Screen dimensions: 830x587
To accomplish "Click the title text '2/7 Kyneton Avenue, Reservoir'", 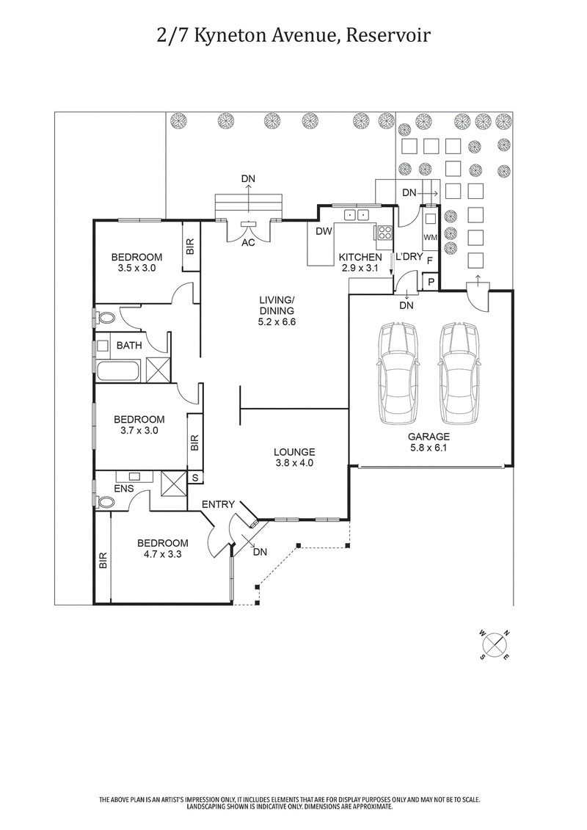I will (293, 35).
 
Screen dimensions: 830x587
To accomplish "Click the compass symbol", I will (497, 644).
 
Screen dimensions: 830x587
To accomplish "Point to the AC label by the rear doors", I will (248, 243).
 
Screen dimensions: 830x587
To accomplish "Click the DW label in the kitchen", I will (324, 231).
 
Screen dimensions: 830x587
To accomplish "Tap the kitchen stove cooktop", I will (384, 233).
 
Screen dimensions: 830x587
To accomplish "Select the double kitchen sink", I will (357, 214).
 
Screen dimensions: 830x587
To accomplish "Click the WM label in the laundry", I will (430, 237).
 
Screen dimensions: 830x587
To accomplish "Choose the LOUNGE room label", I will (294, 452).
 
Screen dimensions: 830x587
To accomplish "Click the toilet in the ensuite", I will (105, 502).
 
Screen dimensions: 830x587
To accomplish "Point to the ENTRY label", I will (218, 504).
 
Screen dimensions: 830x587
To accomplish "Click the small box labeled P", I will (430, 282).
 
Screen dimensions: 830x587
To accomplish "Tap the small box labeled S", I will (195, 478).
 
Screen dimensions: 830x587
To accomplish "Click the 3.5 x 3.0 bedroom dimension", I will (136, 269).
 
